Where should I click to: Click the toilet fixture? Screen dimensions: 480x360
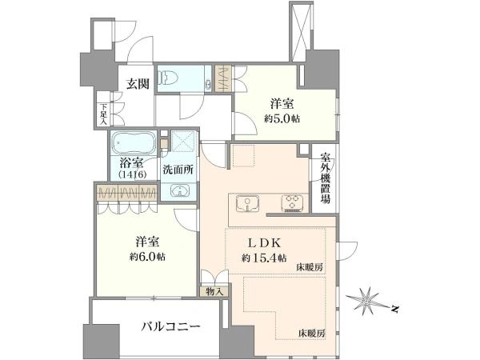(168, 77)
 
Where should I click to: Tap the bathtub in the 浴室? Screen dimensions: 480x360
(134, 143)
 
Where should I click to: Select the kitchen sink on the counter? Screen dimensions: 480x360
(248, 204)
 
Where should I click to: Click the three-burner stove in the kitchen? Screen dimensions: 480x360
(292, 203)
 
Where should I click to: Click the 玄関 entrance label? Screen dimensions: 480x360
(138, 83)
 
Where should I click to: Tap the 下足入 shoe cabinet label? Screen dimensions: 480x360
(104, 114)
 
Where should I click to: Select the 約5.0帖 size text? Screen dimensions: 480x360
(282, 118)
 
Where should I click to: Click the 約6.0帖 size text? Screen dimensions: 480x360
(147, 257)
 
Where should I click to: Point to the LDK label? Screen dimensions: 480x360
(264, 243)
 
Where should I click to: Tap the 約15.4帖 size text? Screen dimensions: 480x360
(264, 258)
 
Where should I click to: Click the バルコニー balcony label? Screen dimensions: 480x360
(171, 326)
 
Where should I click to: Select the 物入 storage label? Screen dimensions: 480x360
(214, 291)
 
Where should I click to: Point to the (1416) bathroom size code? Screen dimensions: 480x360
(133, 174)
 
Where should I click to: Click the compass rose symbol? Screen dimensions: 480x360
(366, 301)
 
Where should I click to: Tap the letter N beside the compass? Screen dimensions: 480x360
(395, 309)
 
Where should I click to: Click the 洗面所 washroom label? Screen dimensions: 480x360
(178, 170)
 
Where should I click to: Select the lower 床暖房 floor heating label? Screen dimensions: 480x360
(312, 333)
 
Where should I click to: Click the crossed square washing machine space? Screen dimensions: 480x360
(183, 141)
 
